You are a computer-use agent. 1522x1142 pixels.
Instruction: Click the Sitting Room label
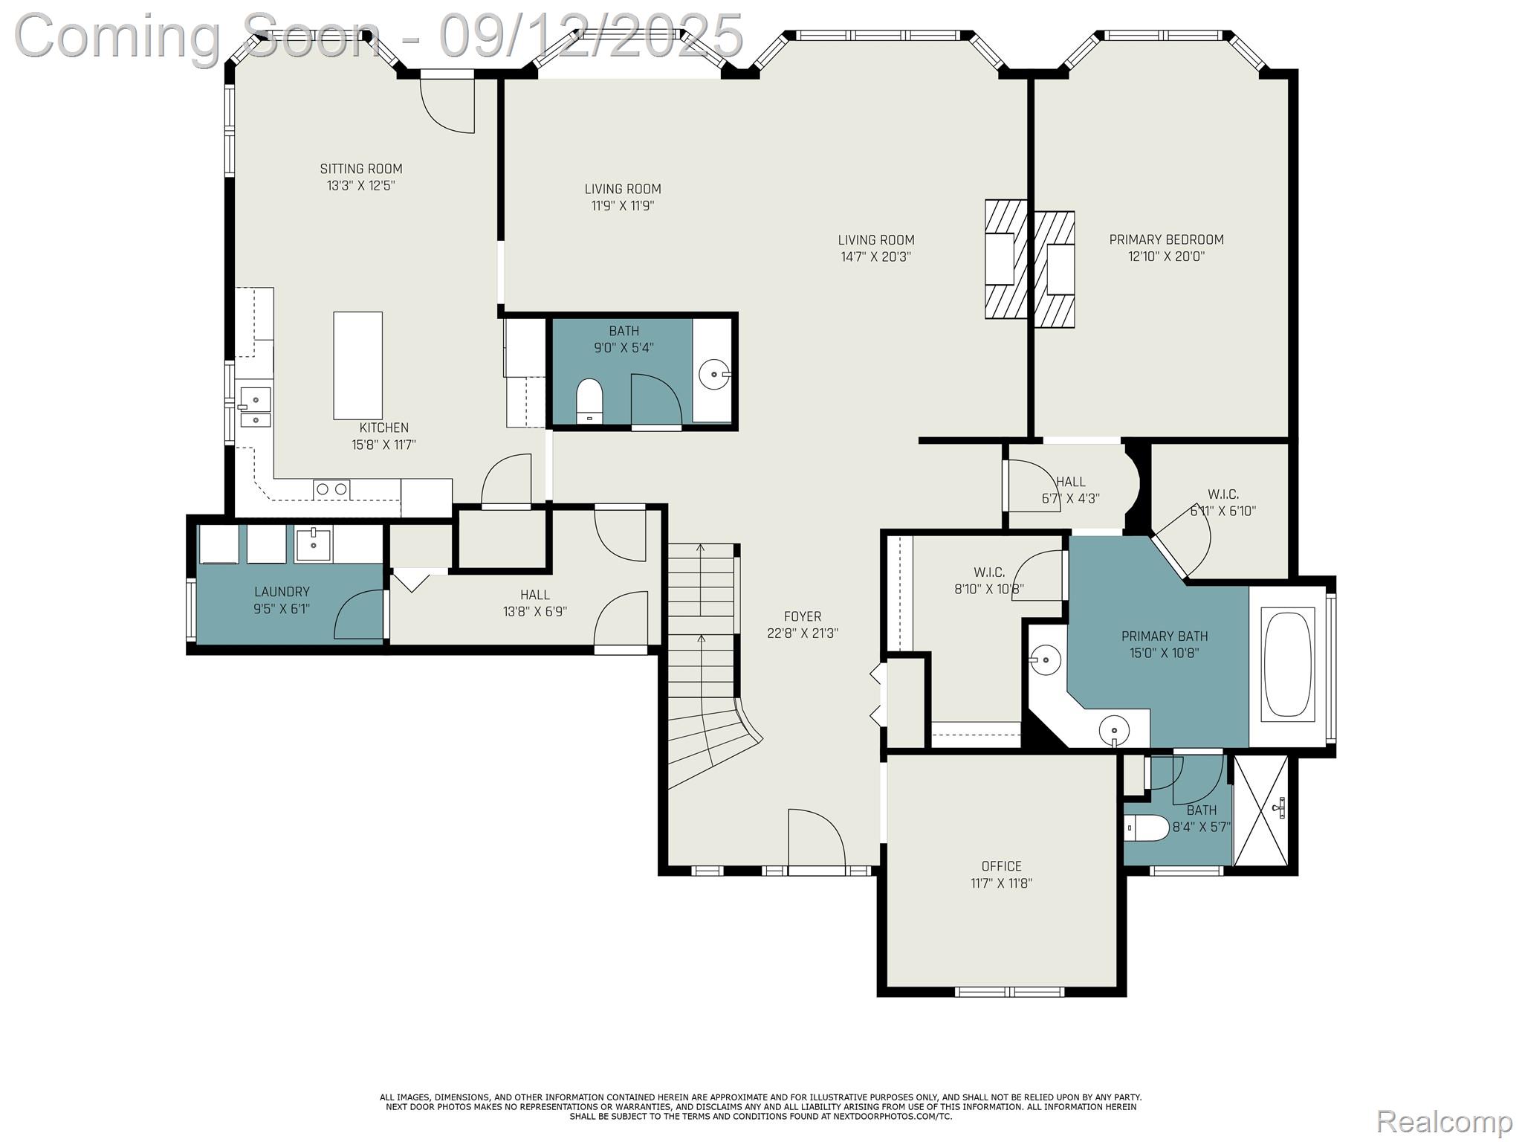[x=361, y=170]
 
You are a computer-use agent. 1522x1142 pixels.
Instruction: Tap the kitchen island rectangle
[x=357, y=365]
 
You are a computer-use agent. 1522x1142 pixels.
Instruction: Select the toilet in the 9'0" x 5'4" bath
[x=589, y=400]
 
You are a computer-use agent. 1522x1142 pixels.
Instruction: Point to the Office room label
[x=1001, y=866]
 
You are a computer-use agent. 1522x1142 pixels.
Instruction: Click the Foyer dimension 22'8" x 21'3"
[x=802, y=633]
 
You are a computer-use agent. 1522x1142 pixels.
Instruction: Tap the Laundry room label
[x=282, y=592]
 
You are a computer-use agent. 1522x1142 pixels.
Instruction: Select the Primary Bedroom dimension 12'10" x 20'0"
[x=1166, y=257]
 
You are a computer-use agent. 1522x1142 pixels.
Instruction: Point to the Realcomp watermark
[x=1444, y=1121]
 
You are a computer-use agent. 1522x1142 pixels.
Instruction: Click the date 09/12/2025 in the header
[x=591, y=36]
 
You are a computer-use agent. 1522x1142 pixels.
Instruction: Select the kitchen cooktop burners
[x=331, y=489]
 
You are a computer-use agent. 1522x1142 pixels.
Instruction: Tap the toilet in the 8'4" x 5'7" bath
[x=1144, y=828]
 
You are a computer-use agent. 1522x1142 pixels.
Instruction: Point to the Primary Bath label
[x=1164, y=636]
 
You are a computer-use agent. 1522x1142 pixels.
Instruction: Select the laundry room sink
[x=313, y=544]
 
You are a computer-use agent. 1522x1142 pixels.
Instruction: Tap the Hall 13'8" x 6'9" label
[x=534, y=595]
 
